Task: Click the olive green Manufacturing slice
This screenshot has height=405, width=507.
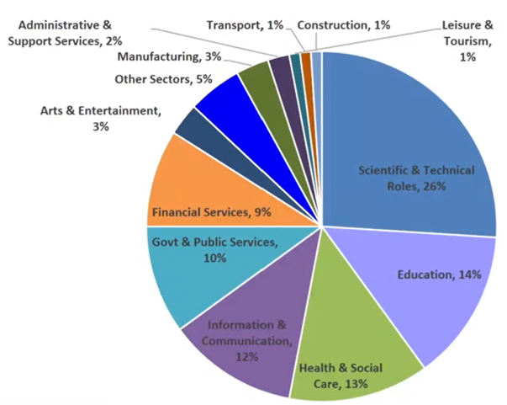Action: click(252, 80)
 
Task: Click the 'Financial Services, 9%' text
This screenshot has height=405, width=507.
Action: click(210, 212)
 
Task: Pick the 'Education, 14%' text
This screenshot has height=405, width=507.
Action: click(436, 274)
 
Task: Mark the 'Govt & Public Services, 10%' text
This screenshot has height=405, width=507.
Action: click(214, 250)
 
